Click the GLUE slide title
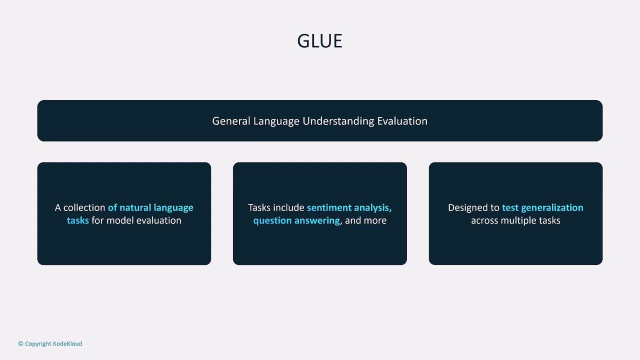[319, 41]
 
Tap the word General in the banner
[231, 121]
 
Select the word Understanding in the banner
[338, 121]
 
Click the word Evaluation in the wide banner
[402, 121]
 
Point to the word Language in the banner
[276, 121]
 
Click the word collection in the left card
[84, 207]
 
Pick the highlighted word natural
[135, 207]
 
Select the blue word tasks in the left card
[77, 220]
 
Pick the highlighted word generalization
[552, 208]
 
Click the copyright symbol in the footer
[21, 343]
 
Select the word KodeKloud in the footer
[67, 343]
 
